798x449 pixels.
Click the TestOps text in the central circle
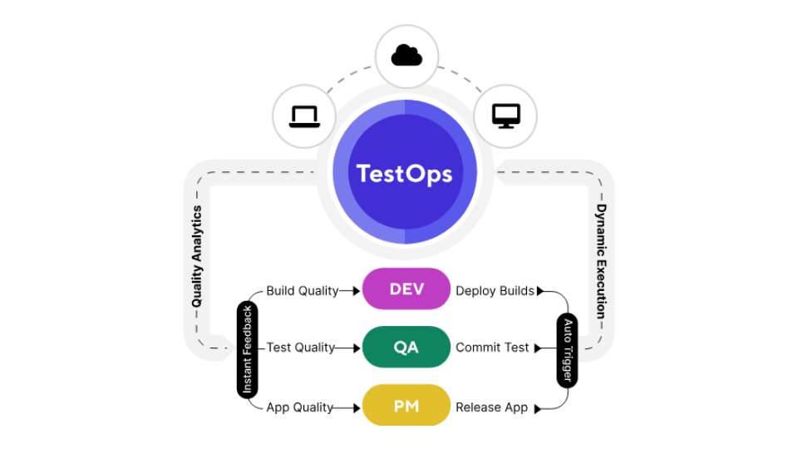(x=404, y=173)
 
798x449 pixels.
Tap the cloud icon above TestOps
(x=406, y=56)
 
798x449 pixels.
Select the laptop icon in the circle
(x=304, y=116)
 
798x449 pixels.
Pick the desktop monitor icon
(x=505, y=116)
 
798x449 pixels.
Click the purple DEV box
(x=406, y=289)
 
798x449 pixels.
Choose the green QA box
(x=406, y=348)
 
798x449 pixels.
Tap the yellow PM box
(x=406, y=407)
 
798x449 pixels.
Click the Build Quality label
(x=302, y=291)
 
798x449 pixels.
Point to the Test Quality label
(x=300, y=348)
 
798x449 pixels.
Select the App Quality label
(x=299, y=407)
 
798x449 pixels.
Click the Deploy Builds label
(x=495, y=291)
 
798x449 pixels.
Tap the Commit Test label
(x=492, y=348)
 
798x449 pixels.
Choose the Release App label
(x=491, y=407)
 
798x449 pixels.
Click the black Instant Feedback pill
(x=247, y=349)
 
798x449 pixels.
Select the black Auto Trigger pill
(x=567, y=349)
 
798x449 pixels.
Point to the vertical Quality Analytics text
(x=197, y=256)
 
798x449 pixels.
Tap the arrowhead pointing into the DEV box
(x=357, y=291)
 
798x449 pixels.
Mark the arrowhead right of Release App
(x=538, y=408)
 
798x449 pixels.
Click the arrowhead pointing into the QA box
(x=357, y=348)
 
